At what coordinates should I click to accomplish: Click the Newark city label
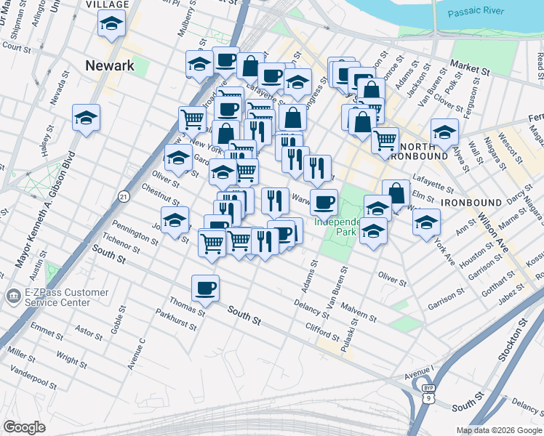pos(110,65)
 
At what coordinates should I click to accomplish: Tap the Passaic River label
pos(476,13)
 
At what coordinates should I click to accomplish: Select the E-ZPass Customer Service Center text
pos(63,298)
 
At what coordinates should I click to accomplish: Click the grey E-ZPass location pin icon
pos(12,297)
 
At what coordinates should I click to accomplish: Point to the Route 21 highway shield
pos(124,196)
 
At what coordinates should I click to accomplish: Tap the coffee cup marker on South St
pos(206,288)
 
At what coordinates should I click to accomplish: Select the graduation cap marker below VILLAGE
pos(111,25)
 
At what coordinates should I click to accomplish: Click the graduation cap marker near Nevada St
pos(86,118)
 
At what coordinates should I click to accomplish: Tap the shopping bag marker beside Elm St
pos(396,193)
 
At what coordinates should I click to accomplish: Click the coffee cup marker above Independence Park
pos(324,201)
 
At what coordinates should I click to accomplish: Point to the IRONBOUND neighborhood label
pos(472,202)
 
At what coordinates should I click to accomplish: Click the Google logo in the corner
pos(24,427)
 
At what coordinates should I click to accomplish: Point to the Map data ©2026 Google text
pos(498,430)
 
